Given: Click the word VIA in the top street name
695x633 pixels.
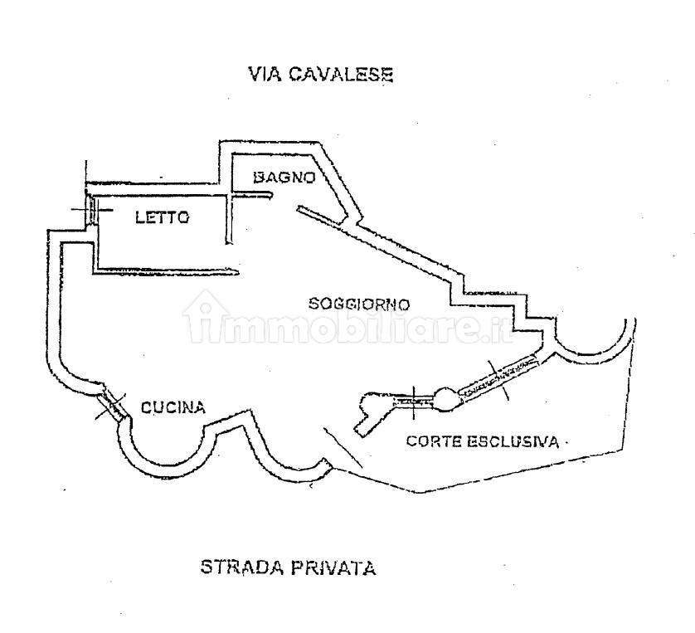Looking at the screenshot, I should click(263, 74).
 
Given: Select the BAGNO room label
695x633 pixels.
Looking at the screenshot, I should click(283, 177).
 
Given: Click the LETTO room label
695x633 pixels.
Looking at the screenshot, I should click(163, 218).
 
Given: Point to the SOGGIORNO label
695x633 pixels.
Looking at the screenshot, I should click(359, 304).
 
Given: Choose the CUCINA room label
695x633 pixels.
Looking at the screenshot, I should click(173, 407).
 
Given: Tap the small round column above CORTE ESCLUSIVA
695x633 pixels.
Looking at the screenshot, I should click(446, 399).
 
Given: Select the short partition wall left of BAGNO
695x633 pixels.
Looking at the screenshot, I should click(252, 196).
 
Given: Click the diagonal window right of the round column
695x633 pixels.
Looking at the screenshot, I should click(498, 377).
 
